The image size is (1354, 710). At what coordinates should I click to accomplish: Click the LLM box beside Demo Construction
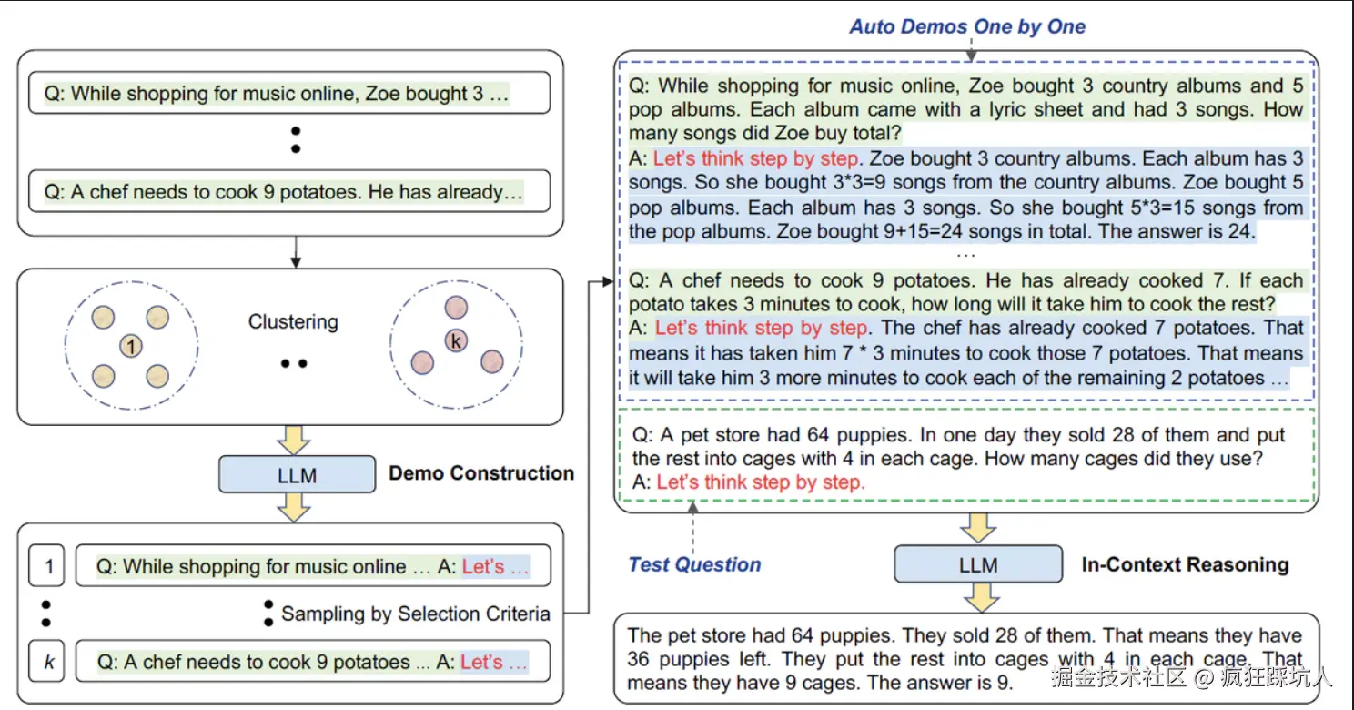297,474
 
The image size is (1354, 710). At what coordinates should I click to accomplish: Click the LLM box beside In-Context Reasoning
978,564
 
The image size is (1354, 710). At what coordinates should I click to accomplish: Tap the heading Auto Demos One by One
967,26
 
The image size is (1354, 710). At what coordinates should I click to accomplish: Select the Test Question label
694,564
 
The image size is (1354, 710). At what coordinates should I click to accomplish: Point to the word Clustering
293,322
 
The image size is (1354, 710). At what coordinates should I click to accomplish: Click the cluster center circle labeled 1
132,346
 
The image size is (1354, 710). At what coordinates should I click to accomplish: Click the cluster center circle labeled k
456,341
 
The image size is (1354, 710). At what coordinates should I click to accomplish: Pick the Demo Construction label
481,473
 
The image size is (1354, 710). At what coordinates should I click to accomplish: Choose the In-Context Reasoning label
1185,564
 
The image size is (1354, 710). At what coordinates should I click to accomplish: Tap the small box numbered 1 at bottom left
49,567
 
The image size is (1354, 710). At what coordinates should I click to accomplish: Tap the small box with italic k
49,662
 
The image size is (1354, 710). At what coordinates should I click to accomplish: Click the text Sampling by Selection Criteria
415,614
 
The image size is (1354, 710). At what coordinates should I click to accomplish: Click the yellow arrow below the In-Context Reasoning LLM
979,598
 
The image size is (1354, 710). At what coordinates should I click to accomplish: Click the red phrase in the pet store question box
761,482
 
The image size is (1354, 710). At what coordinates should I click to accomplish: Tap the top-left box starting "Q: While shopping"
289,93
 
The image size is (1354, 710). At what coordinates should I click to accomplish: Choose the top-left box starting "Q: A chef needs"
289,192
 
